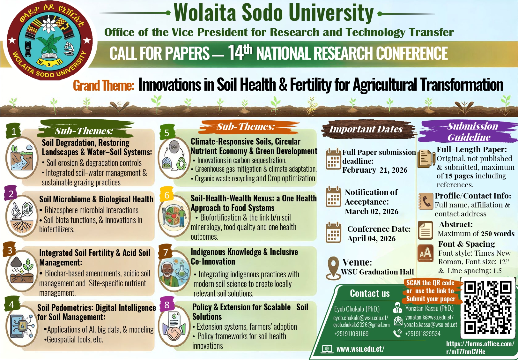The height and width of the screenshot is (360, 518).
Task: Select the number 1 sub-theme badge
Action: pyautogui.click(x=13, y=131)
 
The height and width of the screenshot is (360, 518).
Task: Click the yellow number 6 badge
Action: pyautogui.click(x=167, y=195)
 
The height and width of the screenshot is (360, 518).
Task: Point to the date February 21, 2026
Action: pyautogui.click(x=374, y=170)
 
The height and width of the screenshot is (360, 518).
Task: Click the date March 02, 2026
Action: pyautogui.click(x=372, y=212)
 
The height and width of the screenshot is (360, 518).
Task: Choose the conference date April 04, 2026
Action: pyautogui.click(x=371, y=238)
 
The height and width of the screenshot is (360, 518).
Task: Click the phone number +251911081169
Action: pyautogui.click(x=351, y=334)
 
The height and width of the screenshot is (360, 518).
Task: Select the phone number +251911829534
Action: pyautogui.click(x=423, y=334)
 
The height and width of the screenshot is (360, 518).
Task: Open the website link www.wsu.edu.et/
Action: pyautogui.click(x=360, y=349)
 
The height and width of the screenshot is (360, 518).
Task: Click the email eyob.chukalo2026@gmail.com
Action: pyautogui.click(x=361, y=325)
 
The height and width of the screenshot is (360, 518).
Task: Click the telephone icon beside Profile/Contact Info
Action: pyautogui.click(x=426, y=201)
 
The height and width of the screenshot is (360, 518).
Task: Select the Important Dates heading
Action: pyautogui.click(x=366, y=129)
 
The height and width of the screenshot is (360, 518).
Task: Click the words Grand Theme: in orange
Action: pyautogui.click(x=103, y=86)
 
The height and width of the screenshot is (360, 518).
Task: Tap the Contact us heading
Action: pyautogui.click(x=370, y=293)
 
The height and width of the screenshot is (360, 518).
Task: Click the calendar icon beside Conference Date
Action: pyautogui.click(x=333, y=232)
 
